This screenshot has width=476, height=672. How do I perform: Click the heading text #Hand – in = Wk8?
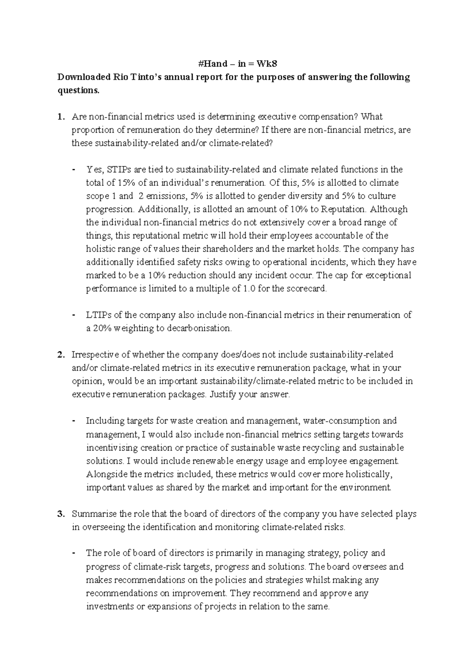point(238,63)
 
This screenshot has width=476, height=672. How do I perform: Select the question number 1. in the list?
point(60,116)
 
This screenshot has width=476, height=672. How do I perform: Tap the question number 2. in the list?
point(60,355)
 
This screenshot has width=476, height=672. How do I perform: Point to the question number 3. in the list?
point(60,514)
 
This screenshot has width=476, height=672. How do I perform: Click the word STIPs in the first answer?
point(119,170)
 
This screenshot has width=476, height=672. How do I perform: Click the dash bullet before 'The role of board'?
point(74,553)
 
